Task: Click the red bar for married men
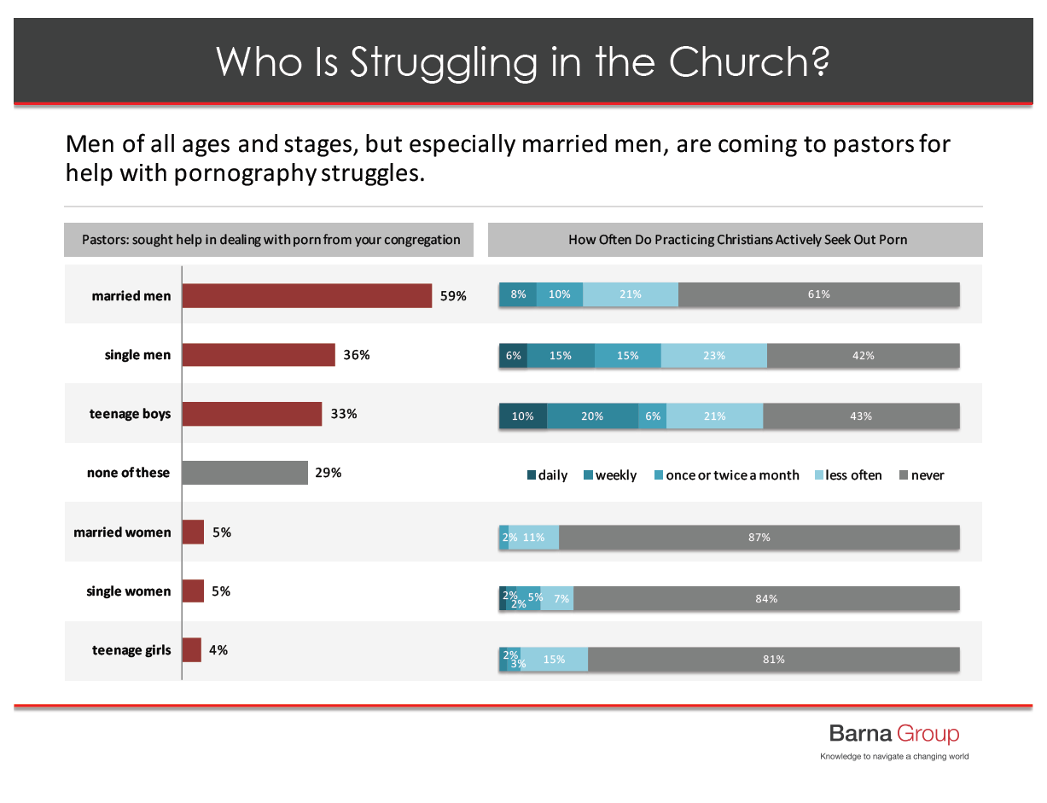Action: click(307, 296)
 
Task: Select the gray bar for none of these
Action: click(245, 473)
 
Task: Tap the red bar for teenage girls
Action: click(192, 650)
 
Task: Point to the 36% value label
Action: click(356, 355)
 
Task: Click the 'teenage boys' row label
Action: click(130, 414)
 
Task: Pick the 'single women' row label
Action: click(128, 591)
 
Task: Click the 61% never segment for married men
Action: click(818, 294)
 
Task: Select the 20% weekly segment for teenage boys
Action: click(592, 416)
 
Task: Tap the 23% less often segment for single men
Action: click(713, 356)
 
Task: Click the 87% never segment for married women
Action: click(759, 538)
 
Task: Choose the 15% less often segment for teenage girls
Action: click(554, 660)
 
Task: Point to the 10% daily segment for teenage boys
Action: click(522, 416)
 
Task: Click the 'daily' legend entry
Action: click(547, 475)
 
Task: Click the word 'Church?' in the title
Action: click(749, 61)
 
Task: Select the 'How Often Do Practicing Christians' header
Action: click(737, 240)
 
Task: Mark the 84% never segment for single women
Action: click(766, 599)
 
